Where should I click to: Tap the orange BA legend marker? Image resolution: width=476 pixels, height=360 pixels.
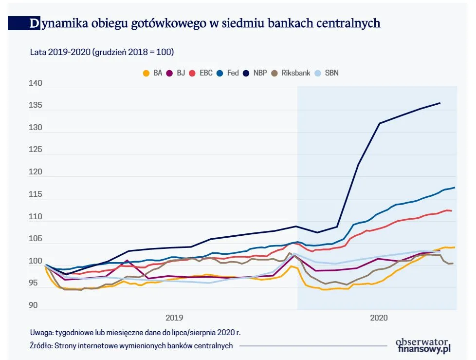(x=146, y=73)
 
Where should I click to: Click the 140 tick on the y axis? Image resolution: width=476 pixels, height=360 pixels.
(x=36, y=84)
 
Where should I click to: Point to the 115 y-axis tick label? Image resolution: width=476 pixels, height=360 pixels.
(x=36, y=195)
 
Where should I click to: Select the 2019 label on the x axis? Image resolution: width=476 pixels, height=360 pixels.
(x=174, y=318)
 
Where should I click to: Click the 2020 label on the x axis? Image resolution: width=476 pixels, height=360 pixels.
(x=378, y=318)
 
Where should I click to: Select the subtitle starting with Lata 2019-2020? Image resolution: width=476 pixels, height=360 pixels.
(x=102, y=52)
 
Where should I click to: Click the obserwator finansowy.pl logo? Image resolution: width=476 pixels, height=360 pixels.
(x=422, y=345)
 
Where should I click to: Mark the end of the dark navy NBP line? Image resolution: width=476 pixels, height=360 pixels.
(x=440, y=103)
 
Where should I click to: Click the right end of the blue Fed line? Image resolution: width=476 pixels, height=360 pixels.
(x=455, y=188)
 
